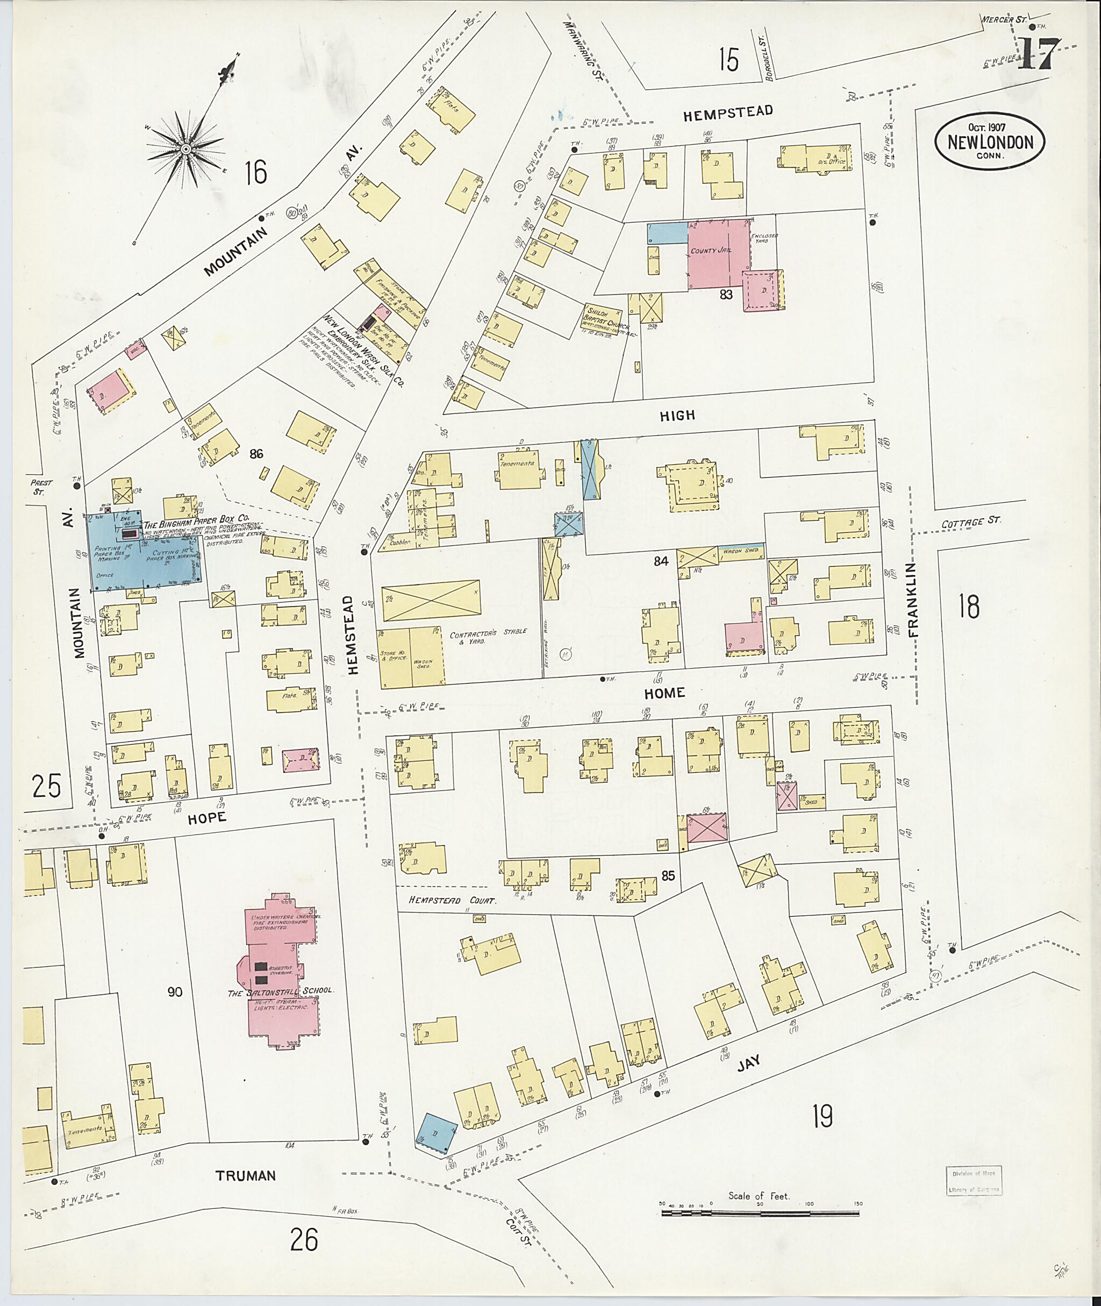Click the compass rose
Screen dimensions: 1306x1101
coord(185,148)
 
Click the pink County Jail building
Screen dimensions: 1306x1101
coord(718,253)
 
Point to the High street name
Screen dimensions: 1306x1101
coord(677,415)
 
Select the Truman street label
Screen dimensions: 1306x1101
coord(245,1175)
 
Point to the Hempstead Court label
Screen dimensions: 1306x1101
coord(452,901)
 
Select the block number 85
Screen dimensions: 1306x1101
coord(668,876)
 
